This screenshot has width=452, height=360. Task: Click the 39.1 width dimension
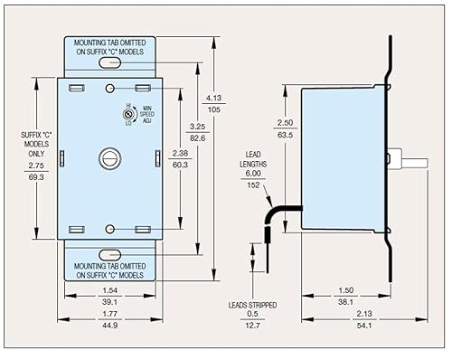pos(110,301)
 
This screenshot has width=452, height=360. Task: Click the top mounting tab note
pos(110,45)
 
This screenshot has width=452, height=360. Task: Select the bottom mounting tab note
pos(110,270)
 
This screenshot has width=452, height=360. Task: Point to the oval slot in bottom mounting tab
pos(110,254)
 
